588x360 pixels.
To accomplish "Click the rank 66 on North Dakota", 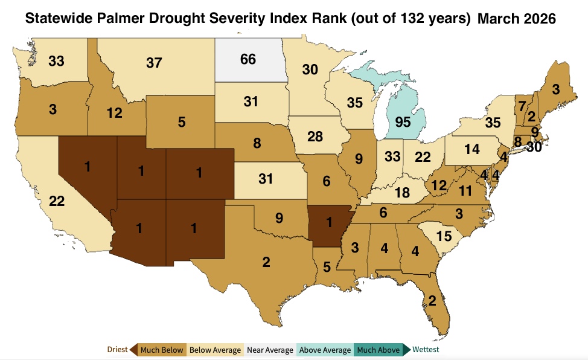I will point(248,59).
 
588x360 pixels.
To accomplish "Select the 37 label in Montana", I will point(154,62).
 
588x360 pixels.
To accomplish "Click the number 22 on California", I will point(56,202).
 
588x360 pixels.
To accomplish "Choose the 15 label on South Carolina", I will point(444,237).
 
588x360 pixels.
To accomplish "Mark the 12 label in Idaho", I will point(115,112).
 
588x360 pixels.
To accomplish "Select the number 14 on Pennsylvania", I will point(473,149).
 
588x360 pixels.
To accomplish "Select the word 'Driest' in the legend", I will point(117,350).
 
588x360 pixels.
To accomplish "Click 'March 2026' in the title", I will point(516,19).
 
